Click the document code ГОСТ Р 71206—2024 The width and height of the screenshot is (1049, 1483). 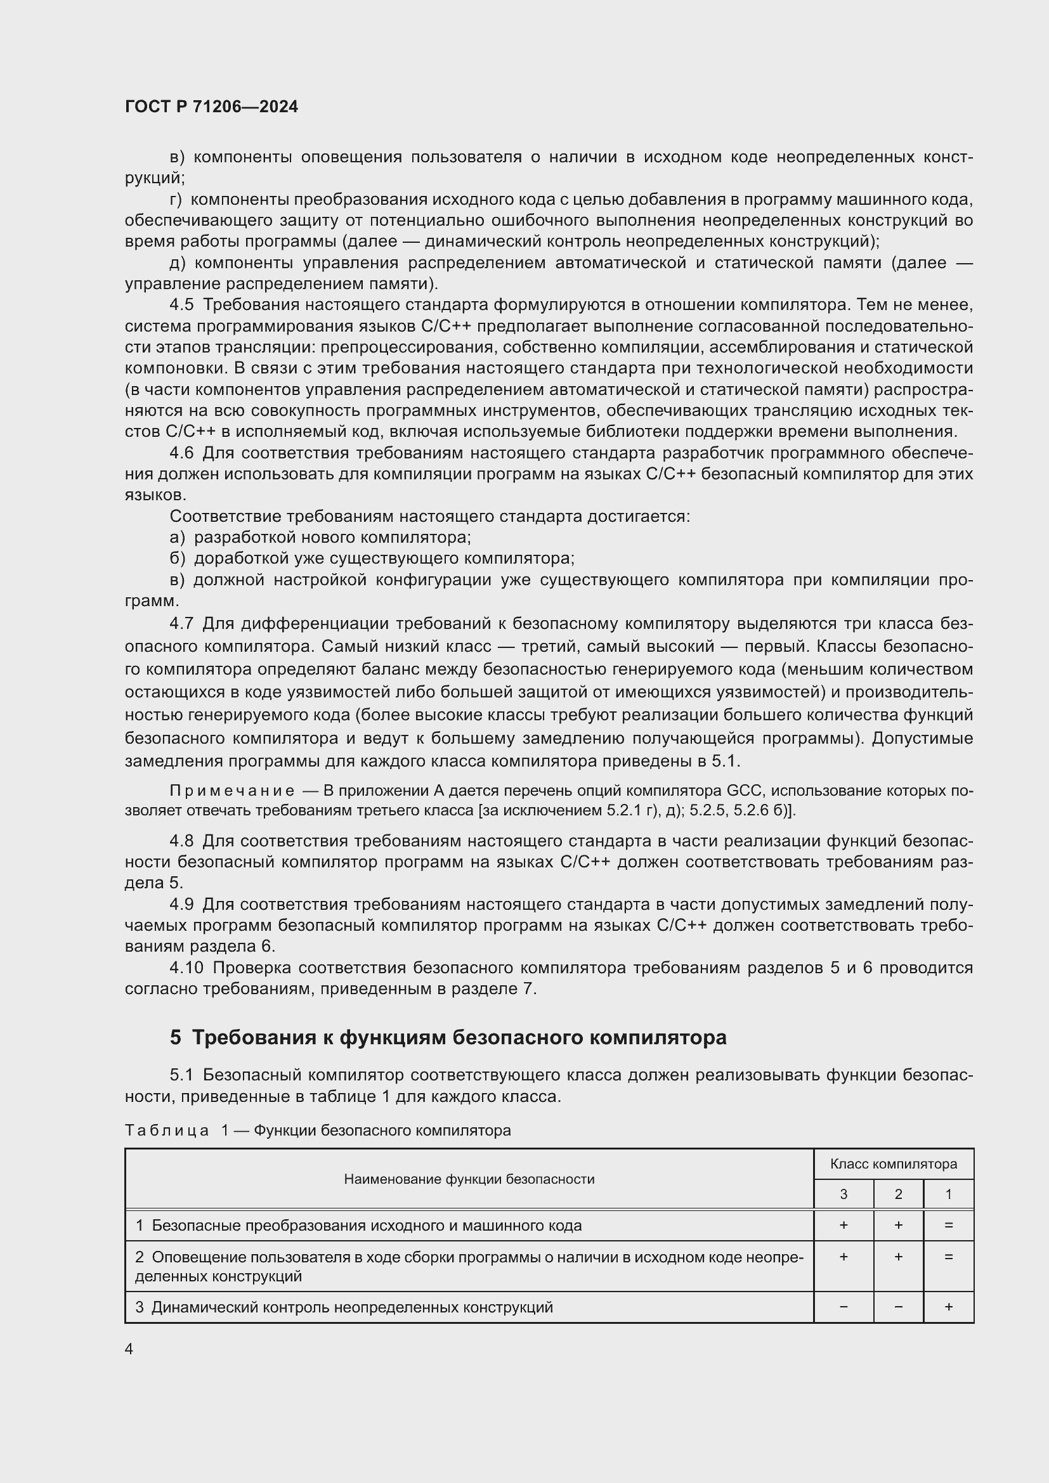click(x=211, y=107)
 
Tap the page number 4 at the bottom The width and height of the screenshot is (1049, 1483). click(x=129, y=1349)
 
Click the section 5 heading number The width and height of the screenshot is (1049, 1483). click(x=176, y=1037)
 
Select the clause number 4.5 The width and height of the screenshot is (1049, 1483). click(x=181, y=305)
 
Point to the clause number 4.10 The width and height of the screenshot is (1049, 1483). click(x=186, y=968)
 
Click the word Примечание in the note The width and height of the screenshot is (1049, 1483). click(x=232, y=791)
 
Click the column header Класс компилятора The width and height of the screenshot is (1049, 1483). click(x=894, y=1164)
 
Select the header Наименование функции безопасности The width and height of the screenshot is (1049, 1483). click(x=469, y=1179)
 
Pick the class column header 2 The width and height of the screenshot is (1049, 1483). click(x=898, y=1195)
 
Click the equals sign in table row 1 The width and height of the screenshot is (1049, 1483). click(x=948, y=1226)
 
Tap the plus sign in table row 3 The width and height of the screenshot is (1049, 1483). click(x=948, y=1307)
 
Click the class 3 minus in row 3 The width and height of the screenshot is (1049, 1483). click(x=843, y=1307)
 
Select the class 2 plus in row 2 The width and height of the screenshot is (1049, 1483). click(x=898, y=1257)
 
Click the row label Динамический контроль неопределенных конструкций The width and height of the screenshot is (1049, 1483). click(x=352, y=1307)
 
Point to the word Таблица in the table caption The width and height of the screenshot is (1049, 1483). click(x=167, y=1130)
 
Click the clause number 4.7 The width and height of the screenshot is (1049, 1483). click(x=181, y=624)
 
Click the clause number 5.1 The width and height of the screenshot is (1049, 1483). click(x=181, y=1075)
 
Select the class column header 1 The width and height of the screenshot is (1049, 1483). click(x=948, y=1195)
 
